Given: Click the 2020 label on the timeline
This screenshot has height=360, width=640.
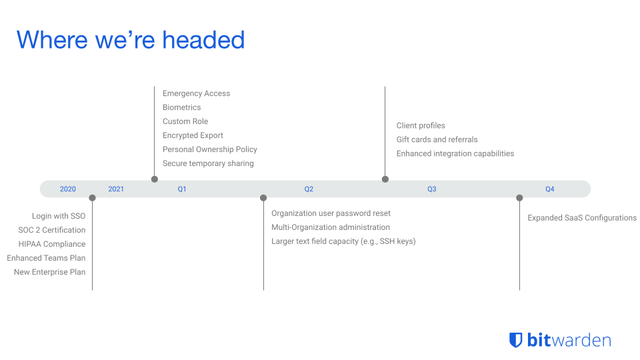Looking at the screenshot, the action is click(x=68, y=189).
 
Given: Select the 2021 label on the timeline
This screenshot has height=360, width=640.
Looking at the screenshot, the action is click(x=116, y=189).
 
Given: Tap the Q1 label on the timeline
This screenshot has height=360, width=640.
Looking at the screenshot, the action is click(x=182, y=189).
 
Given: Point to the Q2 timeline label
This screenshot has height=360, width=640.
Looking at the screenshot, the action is click(x=309, y=189).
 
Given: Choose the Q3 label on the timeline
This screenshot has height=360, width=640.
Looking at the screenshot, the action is click(x=432, y=189).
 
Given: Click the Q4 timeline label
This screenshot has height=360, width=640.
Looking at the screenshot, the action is click(x=550, y=189).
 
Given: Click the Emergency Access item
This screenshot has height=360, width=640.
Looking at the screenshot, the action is click(x=196, y=93).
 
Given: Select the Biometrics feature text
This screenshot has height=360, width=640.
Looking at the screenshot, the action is click(x=181, y=107).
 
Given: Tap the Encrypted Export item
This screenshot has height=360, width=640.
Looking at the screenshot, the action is click(x=193, y=135).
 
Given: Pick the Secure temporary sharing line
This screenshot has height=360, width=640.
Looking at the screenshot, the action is click(x=208, y=163).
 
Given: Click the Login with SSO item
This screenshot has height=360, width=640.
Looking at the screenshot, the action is click(x=59, y=216).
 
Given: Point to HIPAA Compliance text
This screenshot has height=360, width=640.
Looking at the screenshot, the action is click(x=52, y=244).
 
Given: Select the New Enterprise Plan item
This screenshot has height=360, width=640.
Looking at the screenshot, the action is click(x=50, y=272).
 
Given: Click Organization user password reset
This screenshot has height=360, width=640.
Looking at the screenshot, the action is click(x=331, y=213).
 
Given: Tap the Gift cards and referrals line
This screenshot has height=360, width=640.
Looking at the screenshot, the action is click(x=437, y=139).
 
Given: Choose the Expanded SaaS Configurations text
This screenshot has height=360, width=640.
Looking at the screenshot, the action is click(x=582, y=218).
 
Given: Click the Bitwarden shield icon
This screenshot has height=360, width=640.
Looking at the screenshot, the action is click(x=515, y=340).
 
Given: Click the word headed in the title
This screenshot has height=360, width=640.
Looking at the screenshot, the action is click(x=203, y=40).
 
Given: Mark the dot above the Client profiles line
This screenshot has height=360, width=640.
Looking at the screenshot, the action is click(x=385, y=179).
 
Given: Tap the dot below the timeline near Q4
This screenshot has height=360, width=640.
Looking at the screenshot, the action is click(x=519, y=198).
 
